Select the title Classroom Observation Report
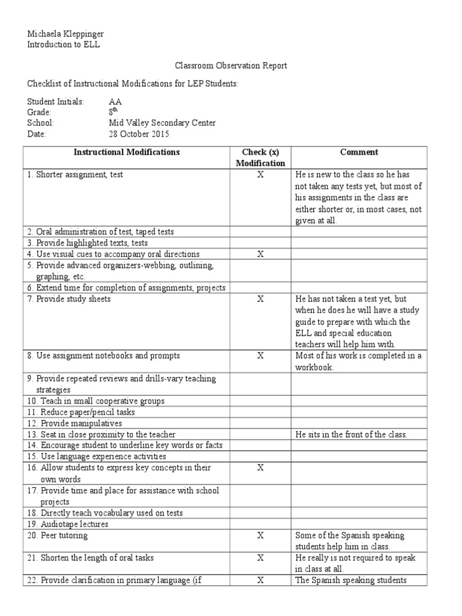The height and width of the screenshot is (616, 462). tap(230, 66)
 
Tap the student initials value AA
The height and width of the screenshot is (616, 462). tap(115, 102)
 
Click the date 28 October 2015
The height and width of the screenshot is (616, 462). tap(139, 134)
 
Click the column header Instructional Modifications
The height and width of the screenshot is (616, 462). tap(126, 152)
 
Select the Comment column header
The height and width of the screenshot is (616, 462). tap(359, 152)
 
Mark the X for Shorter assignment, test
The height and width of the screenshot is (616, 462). tap(260, 175)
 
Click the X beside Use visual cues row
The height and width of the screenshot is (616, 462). tap(260, 254)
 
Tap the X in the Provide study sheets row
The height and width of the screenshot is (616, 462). tap(260, 299)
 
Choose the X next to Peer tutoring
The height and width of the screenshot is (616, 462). tap(260, 535)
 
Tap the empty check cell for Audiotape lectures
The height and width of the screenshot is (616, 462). tap(260, 524)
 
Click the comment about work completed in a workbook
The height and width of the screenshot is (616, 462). tap(359, 361)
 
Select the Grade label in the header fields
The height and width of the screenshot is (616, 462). tap(39, 112)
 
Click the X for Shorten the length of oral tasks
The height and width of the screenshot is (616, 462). tap(260, 558)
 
